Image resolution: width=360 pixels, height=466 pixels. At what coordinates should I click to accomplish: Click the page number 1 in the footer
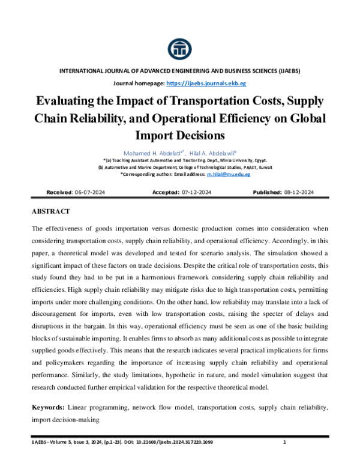click(x=283, y=443)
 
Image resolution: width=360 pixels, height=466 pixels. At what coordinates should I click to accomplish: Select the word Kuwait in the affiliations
click(x=263, y=166)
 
